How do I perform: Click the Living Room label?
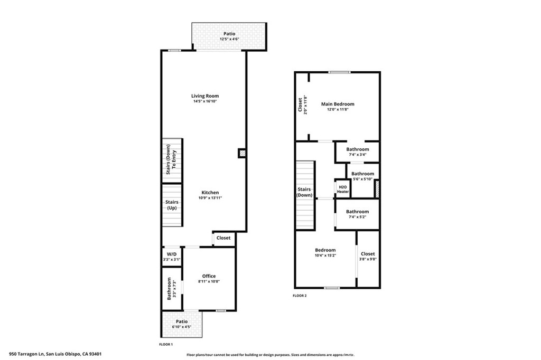[205, 96]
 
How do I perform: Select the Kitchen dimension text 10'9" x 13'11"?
[209, 198]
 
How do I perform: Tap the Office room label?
[209, 276]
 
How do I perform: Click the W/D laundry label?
[171, 254]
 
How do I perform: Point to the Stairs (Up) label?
[172, 205]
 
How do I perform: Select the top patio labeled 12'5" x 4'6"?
[229, 36]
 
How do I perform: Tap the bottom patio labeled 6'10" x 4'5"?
[181, 324]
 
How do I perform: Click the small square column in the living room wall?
[242, 153]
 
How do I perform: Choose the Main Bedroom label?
[338, 104]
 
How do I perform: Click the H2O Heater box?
[342, 189]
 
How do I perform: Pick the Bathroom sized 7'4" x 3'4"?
[358, 152]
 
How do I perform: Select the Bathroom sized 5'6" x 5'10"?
[362, 176]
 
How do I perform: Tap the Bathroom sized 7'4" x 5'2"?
[358, 214]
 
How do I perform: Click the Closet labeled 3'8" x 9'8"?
[368, 257]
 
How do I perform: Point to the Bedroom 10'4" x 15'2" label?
[325, 252]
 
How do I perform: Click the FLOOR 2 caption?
[300, 296]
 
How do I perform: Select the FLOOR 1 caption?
[166, 344]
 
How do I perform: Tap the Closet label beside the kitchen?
[223, 238]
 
